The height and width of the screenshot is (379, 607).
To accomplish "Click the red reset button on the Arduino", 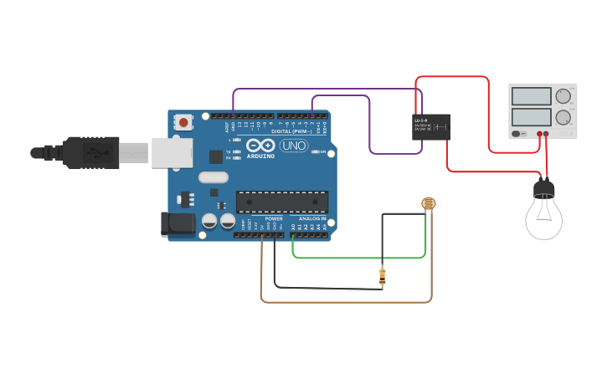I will coord(183,122).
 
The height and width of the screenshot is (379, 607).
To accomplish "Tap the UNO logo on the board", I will coord(293,146).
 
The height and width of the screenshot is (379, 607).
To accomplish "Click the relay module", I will coord(431,127).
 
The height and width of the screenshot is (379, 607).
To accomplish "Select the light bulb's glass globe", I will coord(543,218).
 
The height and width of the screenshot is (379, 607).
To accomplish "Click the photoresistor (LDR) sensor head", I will coord(429,203).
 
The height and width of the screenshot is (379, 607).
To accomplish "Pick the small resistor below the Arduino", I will coord(383,277).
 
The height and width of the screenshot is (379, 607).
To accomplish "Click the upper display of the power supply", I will coord(531,96).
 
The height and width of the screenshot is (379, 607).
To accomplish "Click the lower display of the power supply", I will coord(531,116).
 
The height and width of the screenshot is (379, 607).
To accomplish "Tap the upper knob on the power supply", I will coord(563,96).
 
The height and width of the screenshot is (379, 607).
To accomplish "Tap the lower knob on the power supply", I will coord(563,117).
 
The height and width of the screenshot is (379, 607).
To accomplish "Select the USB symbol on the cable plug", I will coord(97,153).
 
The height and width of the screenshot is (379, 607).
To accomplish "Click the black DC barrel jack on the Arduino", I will coord(177,223).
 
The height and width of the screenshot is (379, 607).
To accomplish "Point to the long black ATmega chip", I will coord(281,202).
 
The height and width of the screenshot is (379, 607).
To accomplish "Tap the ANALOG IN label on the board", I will coord(311,218).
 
